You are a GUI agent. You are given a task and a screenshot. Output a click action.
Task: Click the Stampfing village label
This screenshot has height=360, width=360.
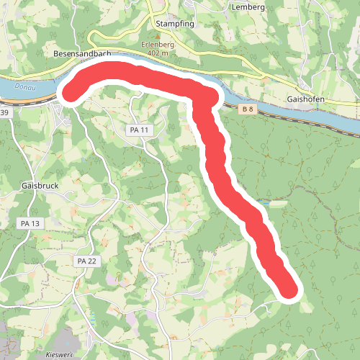pyautogui.click(x=176, y=23)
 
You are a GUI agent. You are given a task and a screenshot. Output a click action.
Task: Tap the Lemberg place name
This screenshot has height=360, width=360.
pyautogui.click(x=249, y=7)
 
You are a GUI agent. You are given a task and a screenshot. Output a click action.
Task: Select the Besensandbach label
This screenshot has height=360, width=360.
pyautogui.click(x=82, y=53)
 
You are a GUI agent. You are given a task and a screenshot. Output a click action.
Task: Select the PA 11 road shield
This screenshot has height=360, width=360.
pyautogui.click(x=139, y=130)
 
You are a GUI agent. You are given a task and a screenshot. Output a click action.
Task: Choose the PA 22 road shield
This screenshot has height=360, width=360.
pyautogui.click(x=86, y=261)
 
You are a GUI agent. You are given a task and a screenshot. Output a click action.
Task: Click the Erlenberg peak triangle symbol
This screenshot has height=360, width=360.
pyautogui.click(x=157, y=35)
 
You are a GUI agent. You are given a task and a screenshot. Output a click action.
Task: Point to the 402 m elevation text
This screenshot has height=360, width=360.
pyautogui.click(x=157, y=53)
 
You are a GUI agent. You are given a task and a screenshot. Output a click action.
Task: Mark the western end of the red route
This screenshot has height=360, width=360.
pyautogui.click(x=72, y=92)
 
